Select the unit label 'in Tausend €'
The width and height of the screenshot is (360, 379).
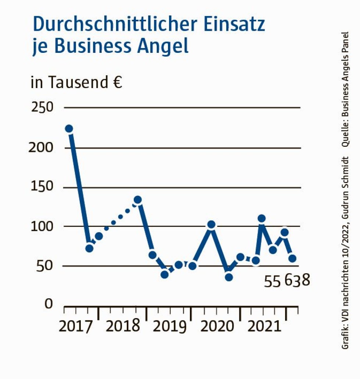click(76, 83)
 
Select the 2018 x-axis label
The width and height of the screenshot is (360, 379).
click(123, 326)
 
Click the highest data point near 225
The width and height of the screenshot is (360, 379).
click(69, 128)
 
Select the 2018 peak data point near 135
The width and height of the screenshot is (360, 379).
click(138, 200)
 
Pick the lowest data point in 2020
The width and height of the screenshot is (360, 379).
click(229, 277)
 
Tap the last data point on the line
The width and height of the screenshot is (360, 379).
click(292, 258)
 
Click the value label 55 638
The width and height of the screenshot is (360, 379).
click(287, 281)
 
